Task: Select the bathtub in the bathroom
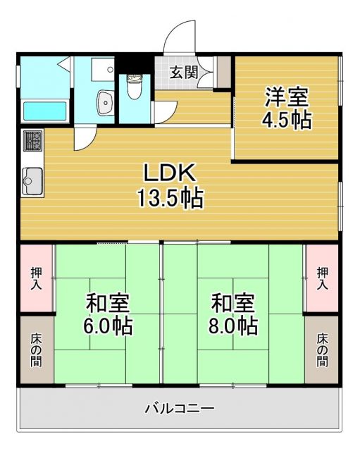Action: (44, 111)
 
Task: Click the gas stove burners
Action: (32, 141)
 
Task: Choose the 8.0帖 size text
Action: (233, 327)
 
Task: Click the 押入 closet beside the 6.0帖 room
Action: (36, 278)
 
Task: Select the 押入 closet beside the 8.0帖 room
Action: (322, 278)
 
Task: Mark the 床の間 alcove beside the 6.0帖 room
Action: (36, 350)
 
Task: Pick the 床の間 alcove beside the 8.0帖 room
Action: (322, 350)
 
